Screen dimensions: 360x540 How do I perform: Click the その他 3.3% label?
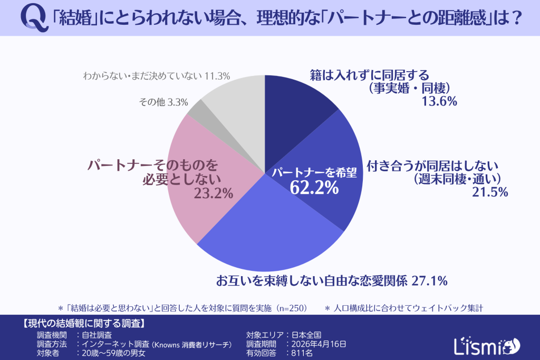pyautogui.click(x=163, y=103)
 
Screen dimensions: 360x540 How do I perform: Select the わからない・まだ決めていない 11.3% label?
pyautogui.click(x=157, y=76)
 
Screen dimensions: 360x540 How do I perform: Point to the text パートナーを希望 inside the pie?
pyautogui.click(x=314, y=172)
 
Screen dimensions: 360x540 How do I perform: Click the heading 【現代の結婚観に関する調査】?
pyautogui.click(x=84, y=323)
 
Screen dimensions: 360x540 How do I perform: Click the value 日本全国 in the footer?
pyautogui.click(x=307, y=334)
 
